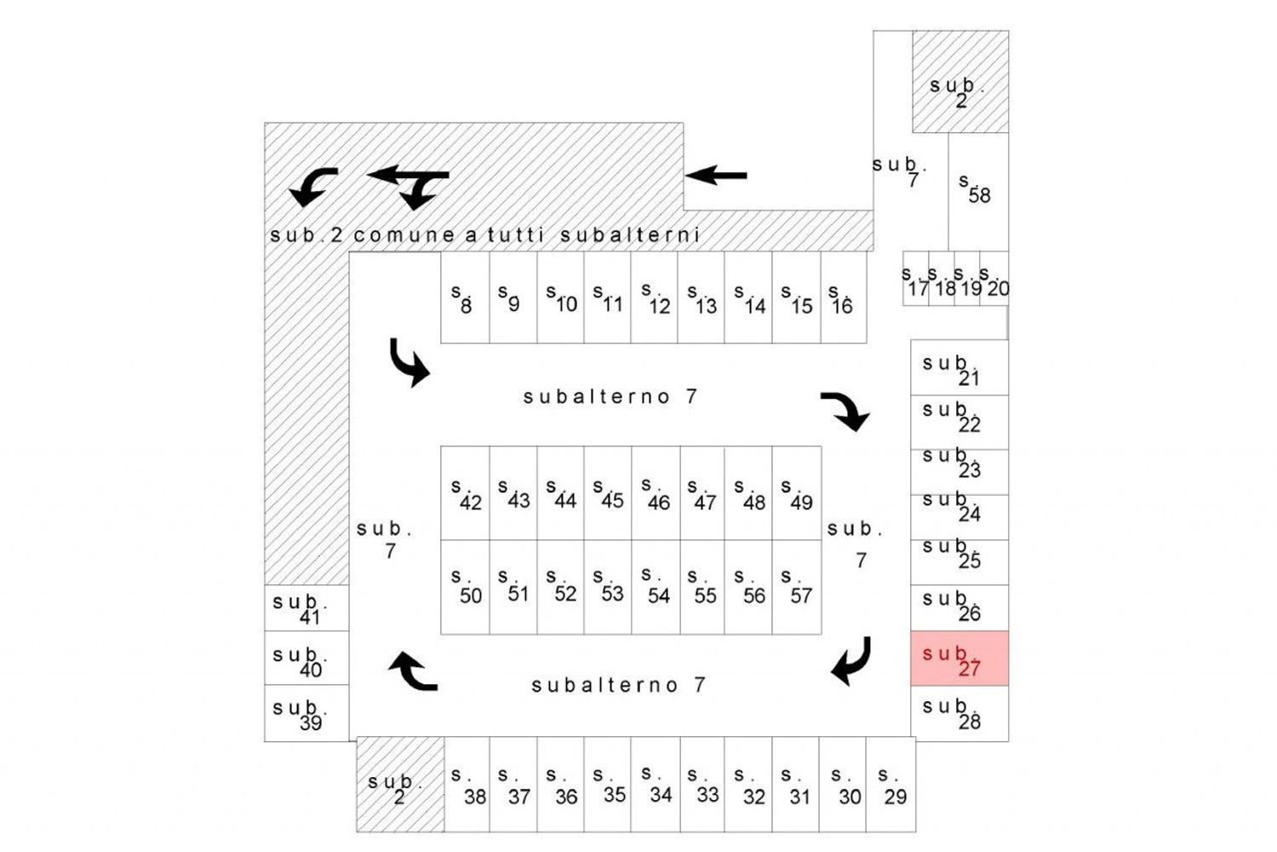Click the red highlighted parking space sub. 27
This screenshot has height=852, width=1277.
coord(959,659)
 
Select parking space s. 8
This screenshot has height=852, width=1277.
coord(465,298)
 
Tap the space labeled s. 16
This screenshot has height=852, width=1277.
coord(843,298)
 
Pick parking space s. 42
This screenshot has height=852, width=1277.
coord(465,494)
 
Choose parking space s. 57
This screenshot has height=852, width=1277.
coord(797,588)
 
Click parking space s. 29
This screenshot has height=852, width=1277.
coord(890,785)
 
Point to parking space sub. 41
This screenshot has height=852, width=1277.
coord(306,608)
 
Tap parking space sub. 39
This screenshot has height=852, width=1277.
coord(306,714)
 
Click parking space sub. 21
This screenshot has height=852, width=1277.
coord(959,368)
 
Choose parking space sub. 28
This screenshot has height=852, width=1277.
coord(959,713)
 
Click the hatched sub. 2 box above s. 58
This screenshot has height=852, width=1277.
coord(960,82)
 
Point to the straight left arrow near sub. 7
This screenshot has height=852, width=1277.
coord(716,176)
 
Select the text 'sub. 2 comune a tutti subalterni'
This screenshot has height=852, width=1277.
coord(484,235)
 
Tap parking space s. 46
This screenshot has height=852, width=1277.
coord(656,494)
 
